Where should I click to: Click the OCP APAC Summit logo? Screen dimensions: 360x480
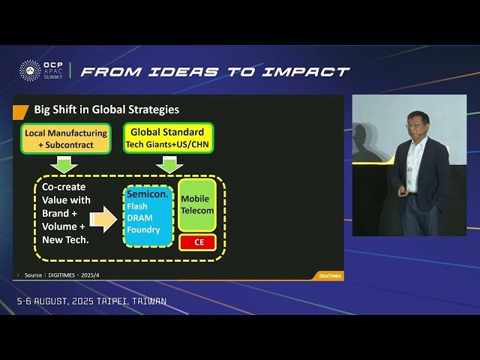(x=40, y=71)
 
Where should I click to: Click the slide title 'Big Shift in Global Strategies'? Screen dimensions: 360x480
(x=106, y=109)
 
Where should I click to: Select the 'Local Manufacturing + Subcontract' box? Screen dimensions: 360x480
(x=65, y=139)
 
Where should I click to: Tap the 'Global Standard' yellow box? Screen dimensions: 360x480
(x=168, y=138)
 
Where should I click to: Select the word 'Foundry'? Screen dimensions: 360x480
(x=143, y=229)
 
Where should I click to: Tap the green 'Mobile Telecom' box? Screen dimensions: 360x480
(x=197, y=205)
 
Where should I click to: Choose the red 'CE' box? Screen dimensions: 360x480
(x=198, y=242)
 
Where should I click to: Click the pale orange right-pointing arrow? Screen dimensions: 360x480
(x=103, y=219)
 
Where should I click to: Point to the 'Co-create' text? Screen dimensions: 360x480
(x=64, y=187)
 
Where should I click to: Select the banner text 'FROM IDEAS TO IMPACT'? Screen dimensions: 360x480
(x=214, y=72)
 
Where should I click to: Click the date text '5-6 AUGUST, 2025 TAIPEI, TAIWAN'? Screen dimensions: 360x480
(x=91, y=301)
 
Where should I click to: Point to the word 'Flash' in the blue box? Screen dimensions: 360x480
(x=138, y=206)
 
